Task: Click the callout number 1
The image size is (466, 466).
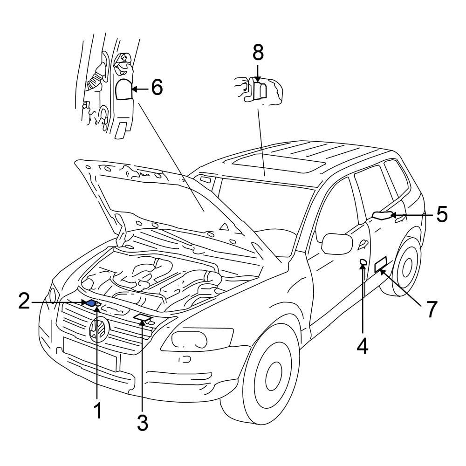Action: coord(97,411)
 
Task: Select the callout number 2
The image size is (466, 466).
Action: coord(24,302)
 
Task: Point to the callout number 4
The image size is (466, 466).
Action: coord(363,345)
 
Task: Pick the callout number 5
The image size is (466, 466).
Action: coord(441,215)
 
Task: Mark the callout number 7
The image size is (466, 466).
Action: coord(432,309)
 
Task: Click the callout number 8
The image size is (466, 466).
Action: coord(258,53)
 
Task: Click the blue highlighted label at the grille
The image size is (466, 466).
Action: coord(91,303)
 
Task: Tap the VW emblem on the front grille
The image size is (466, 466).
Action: coord(98,329)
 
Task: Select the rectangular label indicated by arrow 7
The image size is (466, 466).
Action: coord(382,264)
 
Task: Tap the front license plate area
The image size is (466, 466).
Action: coord(91,351)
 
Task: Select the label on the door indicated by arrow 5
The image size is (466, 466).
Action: coord(382,215)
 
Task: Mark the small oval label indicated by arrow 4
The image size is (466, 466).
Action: coord(362,264)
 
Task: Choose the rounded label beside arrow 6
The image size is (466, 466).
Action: coord(124,89)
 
